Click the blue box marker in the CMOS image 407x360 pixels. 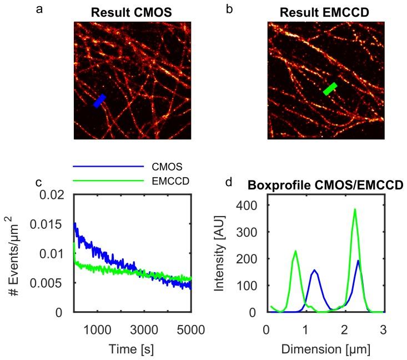click(x=100, y=101)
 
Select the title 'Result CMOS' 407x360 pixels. click(x=133, y=12)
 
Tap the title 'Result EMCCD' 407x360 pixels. click(x=326, y=12)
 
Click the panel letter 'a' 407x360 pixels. click(x=39, y=8)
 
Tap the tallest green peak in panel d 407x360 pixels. click(x=355, y=210)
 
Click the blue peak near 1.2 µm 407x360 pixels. click(x=315, y=271)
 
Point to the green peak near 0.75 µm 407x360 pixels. click(x=295, y=251)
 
